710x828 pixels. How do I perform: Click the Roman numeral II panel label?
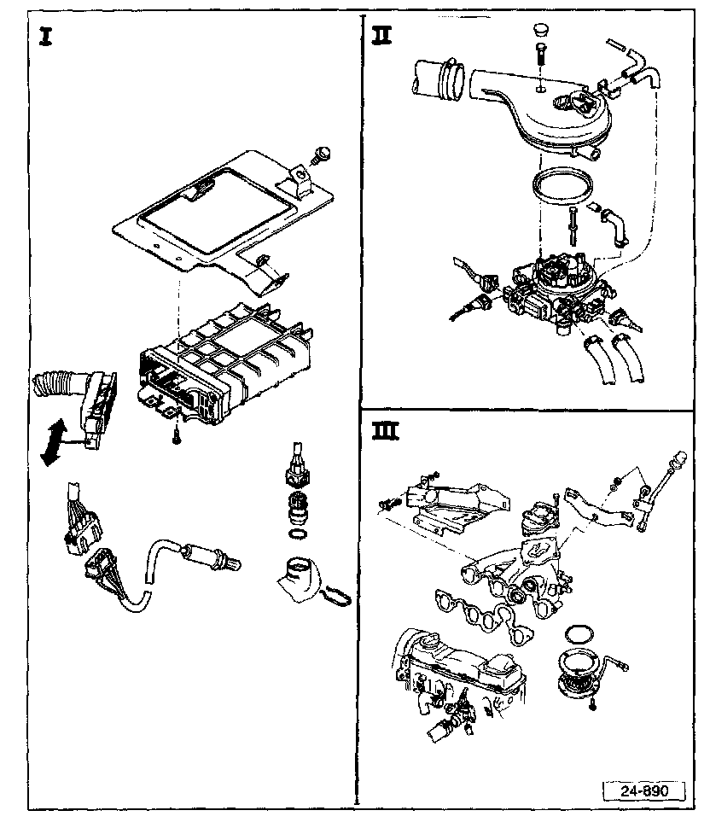click(x=381, y=36)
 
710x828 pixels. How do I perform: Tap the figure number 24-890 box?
click(x=645, y=790)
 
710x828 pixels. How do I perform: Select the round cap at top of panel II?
click(x=538, y=32)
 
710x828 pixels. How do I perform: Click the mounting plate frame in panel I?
click(x=213, y=213)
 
